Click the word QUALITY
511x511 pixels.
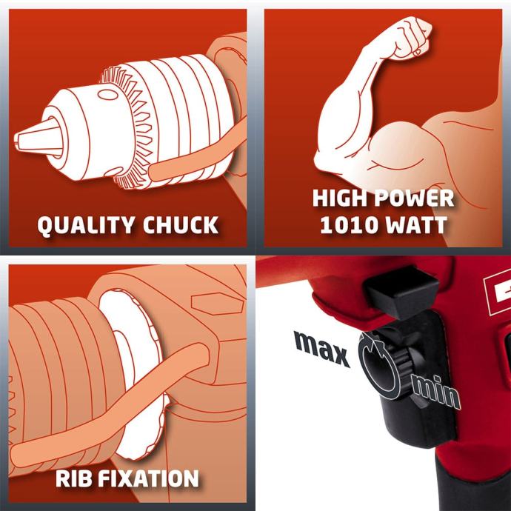[86, 225]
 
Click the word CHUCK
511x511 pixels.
[181, 224]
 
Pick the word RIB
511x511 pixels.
[73, 478]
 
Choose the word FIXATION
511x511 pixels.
[149, 478]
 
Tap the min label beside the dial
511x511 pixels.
[436, 392]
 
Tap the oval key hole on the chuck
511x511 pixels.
[108, 95]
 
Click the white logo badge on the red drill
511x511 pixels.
[496, 293]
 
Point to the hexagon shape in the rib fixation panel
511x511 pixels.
[217, 304]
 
